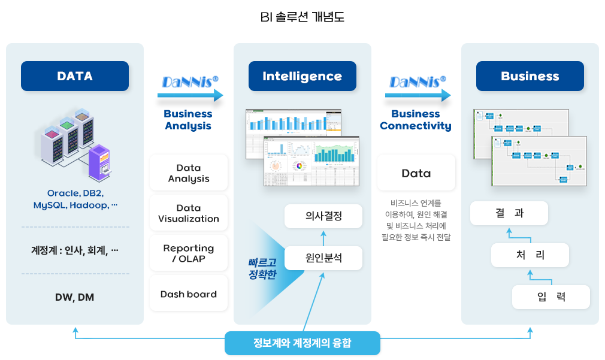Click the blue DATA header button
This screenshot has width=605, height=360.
(x=75, y=76)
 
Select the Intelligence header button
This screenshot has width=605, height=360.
(x=302, y=76)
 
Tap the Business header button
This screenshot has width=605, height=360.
(x=530, y=76)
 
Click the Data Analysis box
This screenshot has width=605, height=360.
(x=189, y=173)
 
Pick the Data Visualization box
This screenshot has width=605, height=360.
(x=189, y=213)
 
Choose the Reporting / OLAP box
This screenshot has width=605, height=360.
(x=189, y=253)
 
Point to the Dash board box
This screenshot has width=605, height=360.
(x=189, y=294)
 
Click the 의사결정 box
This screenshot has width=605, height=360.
(x=323, y=216)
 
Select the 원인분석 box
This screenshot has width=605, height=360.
(x=323, y=258)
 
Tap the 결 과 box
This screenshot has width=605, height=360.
(x=509, y=213)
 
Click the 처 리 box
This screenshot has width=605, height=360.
(x=530, y=255)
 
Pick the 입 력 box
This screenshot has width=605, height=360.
(x=551, y=297)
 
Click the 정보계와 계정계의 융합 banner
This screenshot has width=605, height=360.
(x=302, y=343)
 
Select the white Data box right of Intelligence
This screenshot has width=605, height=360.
(x=416, y=174)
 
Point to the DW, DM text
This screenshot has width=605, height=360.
(x=75, y=297)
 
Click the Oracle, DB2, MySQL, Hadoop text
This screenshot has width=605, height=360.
(x=75, y=199)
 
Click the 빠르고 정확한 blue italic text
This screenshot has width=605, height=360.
(x=262, y=269)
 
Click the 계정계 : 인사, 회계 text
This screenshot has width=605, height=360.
(x=75, y=250)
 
